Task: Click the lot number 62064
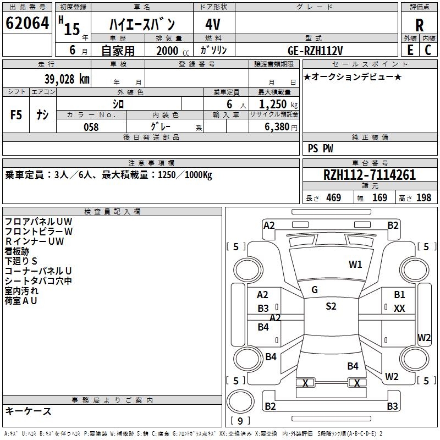coord(27,24)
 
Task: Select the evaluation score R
coord(419,25)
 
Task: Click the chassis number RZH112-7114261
coord(369,175)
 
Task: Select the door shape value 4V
coord(213,24)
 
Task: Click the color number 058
coord(91,127)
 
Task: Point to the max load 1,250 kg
coord(274,104)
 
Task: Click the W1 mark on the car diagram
coord(356,265)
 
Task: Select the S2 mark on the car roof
coord(331,306)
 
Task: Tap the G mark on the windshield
coord(315,290)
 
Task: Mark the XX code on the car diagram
coord(399,309)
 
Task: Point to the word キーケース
coord(28,411)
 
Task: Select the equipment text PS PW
coord(320,148)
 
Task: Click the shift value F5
coord(16,115)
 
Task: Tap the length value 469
coord(333,198)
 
